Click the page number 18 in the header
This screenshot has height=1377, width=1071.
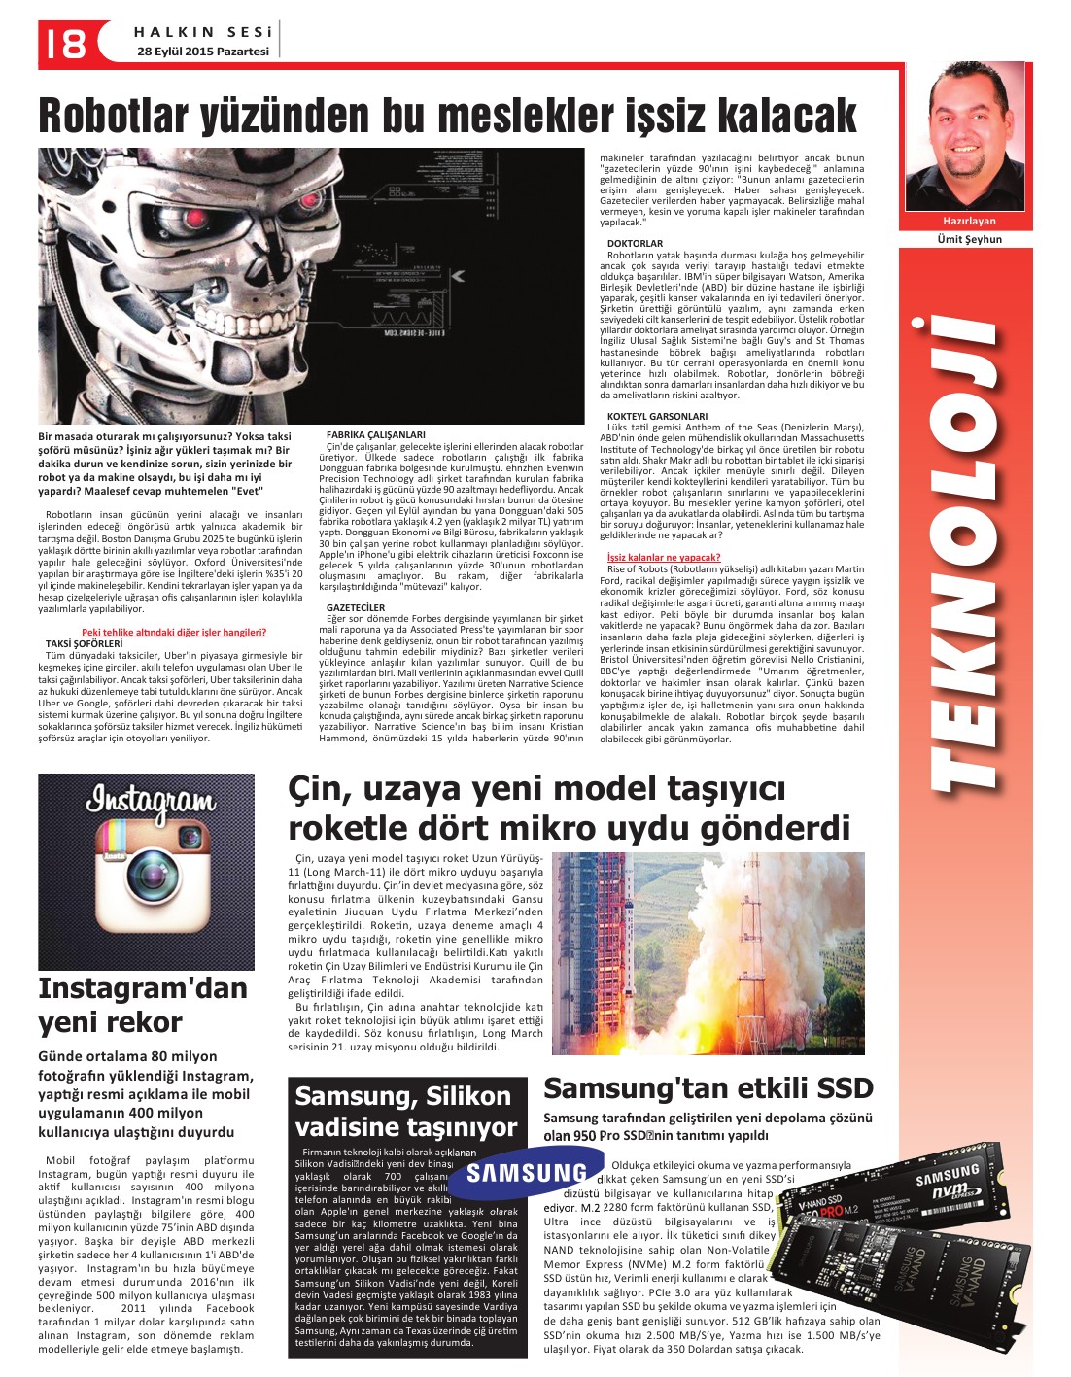point(63,43)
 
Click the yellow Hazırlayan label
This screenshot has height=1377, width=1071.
point(969,221)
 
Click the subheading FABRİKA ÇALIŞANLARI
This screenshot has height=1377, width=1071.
point(375,434)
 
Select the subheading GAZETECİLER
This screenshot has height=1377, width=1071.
point(355,607)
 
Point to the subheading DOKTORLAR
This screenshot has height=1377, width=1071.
point(635,243)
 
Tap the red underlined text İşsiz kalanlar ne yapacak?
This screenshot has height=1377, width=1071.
point(663,557)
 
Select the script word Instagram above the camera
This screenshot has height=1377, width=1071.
point(150,801)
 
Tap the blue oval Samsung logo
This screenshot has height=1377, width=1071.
point(526,1173)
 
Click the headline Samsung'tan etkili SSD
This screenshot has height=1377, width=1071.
point(708,1087)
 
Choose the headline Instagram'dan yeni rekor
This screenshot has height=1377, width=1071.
point(142,1005)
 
